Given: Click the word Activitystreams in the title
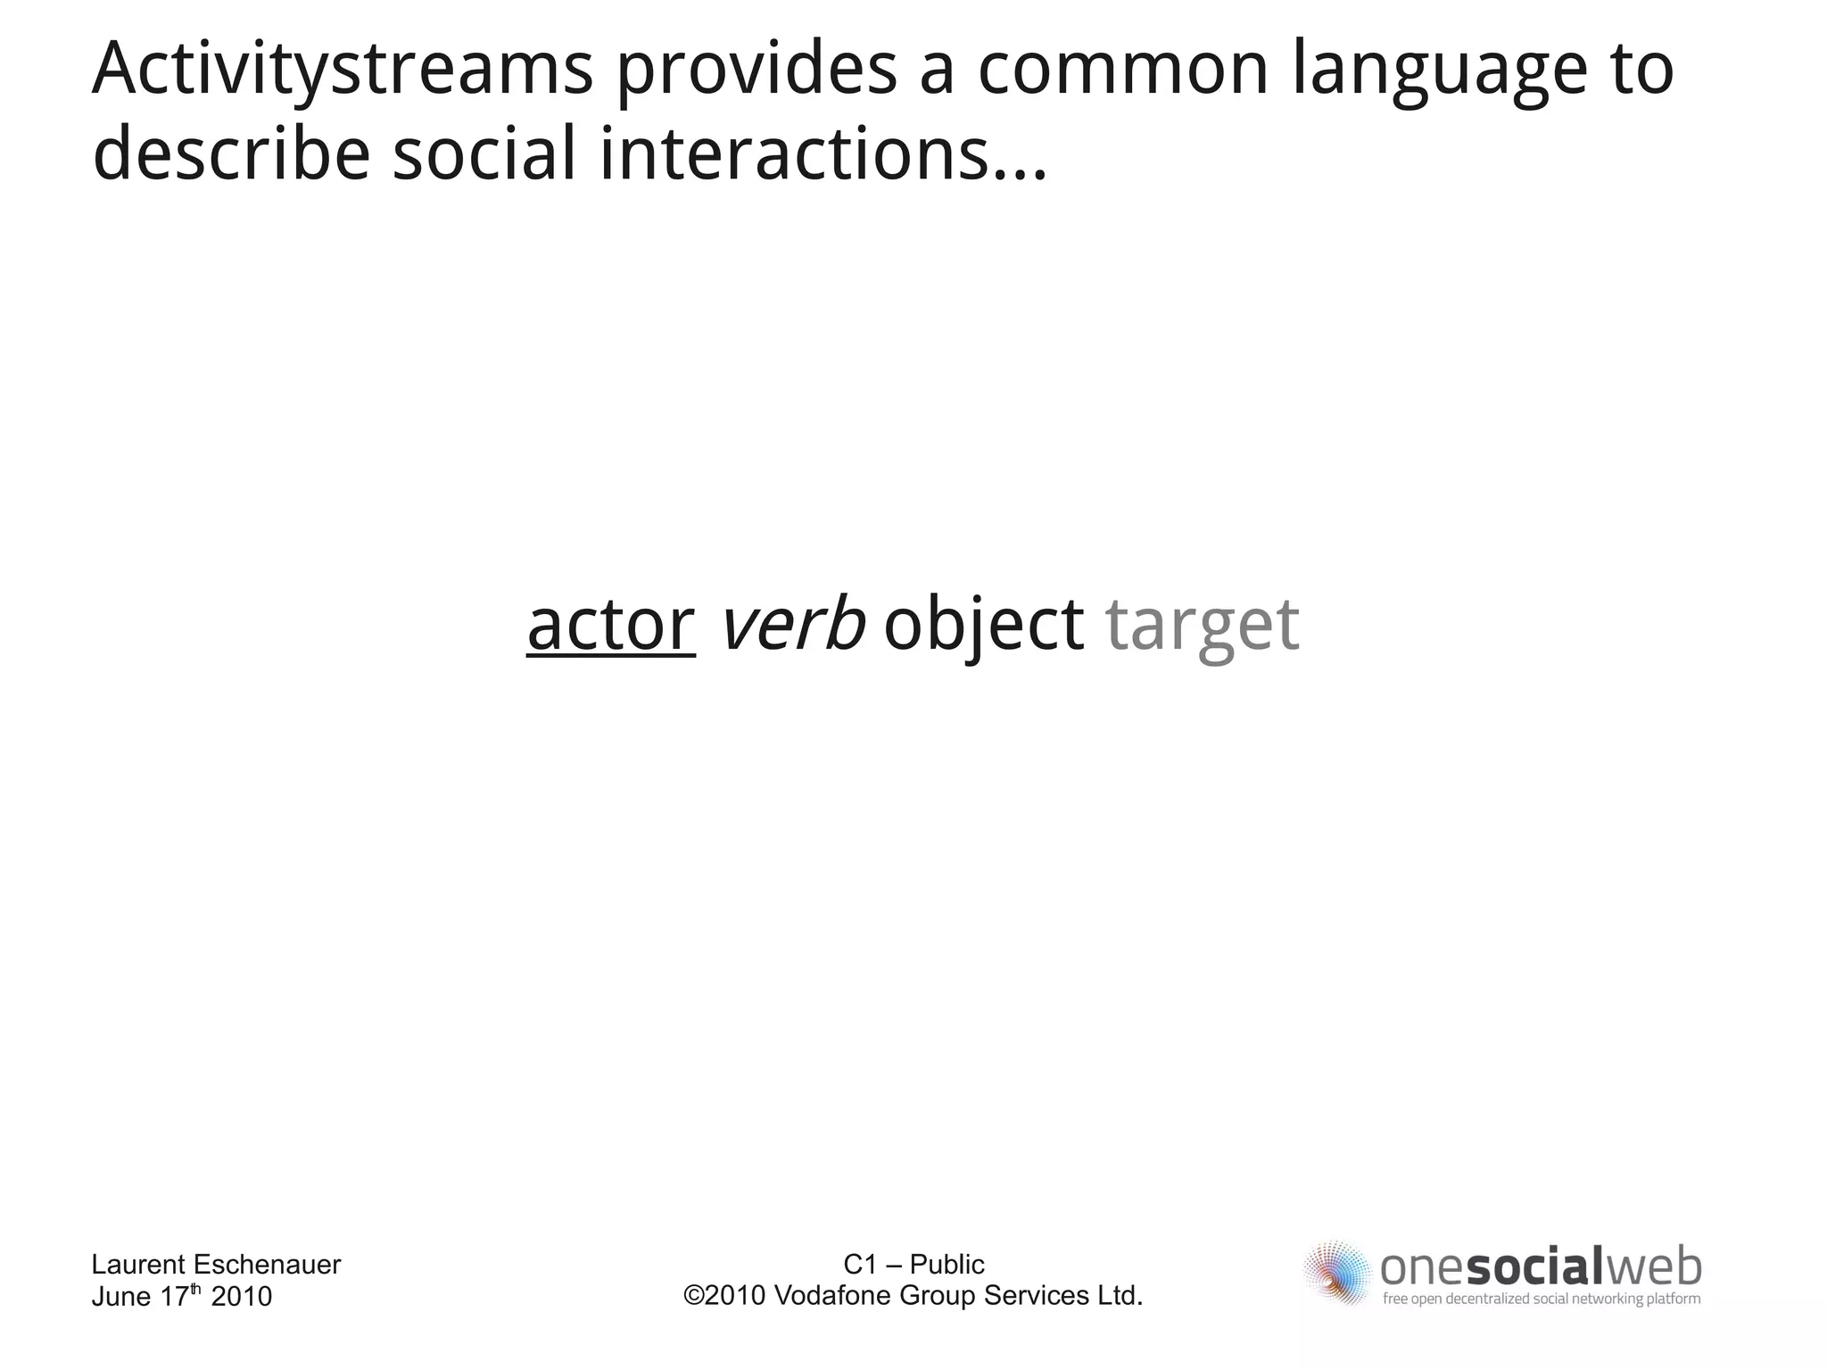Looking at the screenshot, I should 343,70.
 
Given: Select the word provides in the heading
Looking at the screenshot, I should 756,70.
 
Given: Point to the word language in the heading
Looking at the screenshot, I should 1440,70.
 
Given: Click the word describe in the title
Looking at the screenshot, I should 231,154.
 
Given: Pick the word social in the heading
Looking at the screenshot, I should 484,154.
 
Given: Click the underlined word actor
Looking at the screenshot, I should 610,624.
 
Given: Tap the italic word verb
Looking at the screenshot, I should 791,624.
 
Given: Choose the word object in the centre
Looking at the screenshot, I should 983,624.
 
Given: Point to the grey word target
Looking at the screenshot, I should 1202,624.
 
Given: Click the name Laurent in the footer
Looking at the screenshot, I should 138,1265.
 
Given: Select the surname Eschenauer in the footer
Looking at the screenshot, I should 267,1265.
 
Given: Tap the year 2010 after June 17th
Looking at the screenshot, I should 241,1296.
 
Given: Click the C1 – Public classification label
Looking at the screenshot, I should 913,1264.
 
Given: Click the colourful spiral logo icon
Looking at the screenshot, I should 1336,1272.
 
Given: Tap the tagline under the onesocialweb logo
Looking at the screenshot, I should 1541,1299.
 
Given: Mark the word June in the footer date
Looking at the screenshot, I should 121,1296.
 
